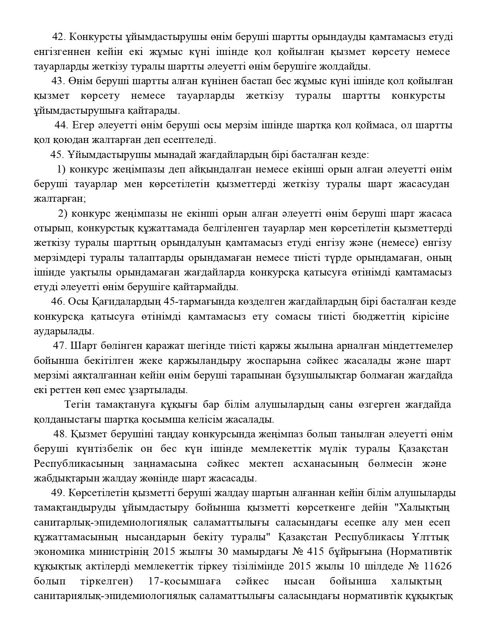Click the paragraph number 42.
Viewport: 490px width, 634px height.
[59, 37]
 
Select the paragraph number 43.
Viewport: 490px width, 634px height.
[58, 81]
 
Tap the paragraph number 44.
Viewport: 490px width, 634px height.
[61, 125]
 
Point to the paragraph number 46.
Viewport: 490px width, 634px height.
[58, 302]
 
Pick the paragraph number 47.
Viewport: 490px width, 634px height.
[60, 346]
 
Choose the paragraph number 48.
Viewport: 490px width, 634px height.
[60, 434]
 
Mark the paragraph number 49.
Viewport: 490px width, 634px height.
[58, 493]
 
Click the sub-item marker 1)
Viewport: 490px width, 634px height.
[61, 169]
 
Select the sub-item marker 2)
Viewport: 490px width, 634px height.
[63, 214]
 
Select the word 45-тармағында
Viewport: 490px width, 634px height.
[196, 302]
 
